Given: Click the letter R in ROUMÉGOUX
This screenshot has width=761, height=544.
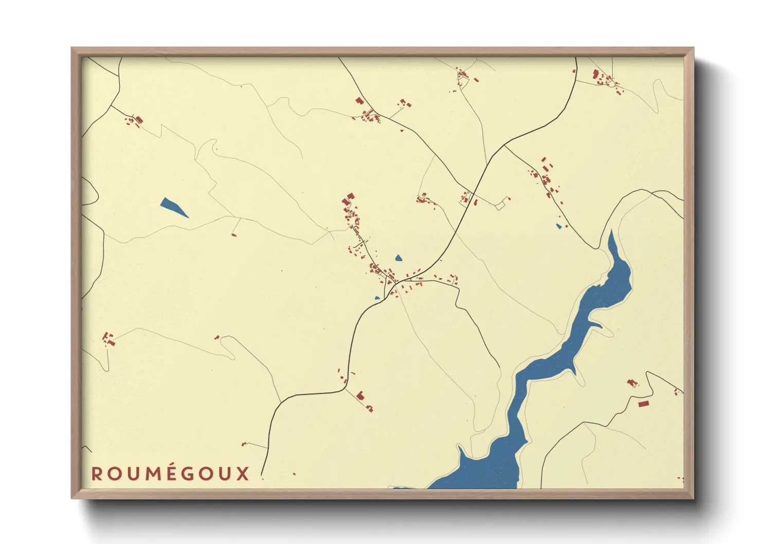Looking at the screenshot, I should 97,474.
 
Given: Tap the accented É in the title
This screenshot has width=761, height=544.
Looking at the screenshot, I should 172,473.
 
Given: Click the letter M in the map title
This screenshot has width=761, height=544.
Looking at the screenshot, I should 153,474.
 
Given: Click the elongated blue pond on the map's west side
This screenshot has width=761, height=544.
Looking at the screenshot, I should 173,207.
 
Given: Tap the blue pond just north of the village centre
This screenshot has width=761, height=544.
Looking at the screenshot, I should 398,258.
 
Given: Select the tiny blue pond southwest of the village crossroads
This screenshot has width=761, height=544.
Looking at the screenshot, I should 377,298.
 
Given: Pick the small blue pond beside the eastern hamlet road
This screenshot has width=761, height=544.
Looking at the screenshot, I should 558,226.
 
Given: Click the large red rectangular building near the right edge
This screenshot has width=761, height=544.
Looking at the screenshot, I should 643,404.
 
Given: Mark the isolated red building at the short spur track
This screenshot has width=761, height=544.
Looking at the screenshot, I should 234,235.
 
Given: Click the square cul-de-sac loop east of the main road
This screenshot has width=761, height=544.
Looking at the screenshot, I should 500,206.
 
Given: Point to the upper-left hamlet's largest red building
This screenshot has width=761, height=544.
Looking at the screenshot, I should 139,120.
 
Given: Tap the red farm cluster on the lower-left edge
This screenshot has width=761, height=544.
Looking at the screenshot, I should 108,339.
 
